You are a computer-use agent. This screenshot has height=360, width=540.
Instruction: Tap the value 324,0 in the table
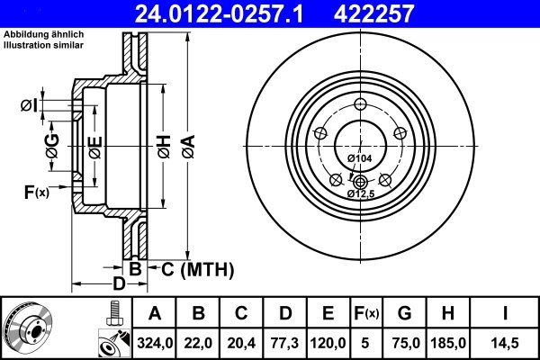154,341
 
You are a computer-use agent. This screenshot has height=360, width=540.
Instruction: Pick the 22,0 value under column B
198,341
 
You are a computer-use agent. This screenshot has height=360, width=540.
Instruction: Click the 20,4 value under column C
241,341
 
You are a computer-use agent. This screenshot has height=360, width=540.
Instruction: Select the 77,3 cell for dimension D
284,341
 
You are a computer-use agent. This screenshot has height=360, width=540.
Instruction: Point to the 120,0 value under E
328,341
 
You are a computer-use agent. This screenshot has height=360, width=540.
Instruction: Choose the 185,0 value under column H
448,341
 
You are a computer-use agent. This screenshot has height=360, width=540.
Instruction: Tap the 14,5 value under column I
505,341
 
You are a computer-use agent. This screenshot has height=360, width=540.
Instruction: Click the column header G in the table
404,313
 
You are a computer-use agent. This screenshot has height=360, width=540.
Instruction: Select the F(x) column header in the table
366,313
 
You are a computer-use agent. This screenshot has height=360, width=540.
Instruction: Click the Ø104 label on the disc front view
359,158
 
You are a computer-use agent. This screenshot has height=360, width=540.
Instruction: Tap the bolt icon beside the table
112,312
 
